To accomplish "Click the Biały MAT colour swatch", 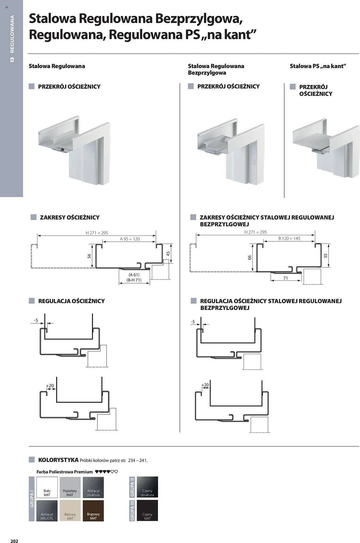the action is pyautogui.click(x=47, y=487).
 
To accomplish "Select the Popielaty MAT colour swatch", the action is pyautogui.click(x=70, y=487).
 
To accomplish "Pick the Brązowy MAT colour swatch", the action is pyautogui.click(x=93, y=510).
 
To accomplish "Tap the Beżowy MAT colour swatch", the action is pyautogui.click(x=70, y=510).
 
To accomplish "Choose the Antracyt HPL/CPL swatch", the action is pyautogui.click(x=47, y=510).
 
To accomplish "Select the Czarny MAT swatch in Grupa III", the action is pyautogui.click(x=147, y=510).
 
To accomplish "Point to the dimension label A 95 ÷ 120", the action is pyautogui.click(x=130, y=239).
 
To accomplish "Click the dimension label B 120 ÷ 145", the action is pyautogui.click(x=289, y=238).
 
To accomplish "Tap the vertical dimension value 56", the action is pyautogui.click(x=89, y=256).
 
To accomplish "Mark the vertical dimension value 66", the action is pyautogui.click(x=250, y=257).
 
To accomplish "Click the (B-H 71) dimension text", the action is pyautogui.click(x=134, y=280).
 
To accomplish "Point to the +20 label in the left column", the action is pyautogui.click(x=50, y=386).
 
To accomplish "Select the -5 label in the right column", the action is pyautogui.click(x=193, y=322).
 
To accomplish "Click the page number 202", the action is pyautogui.click(x=14, y=539).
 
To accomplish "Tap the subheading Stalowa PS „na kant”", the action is pyautogui.click(x=318, y=66).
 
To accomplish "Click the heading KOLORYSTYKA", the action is pyautogui.click(x=58, y=460).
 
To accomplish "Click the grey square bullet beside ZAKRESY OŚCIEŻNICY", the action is pyautogui.click(x=33, y=217).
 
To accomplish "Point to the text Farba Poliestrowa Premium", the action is pyautogui.click(x=65, y=472).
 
